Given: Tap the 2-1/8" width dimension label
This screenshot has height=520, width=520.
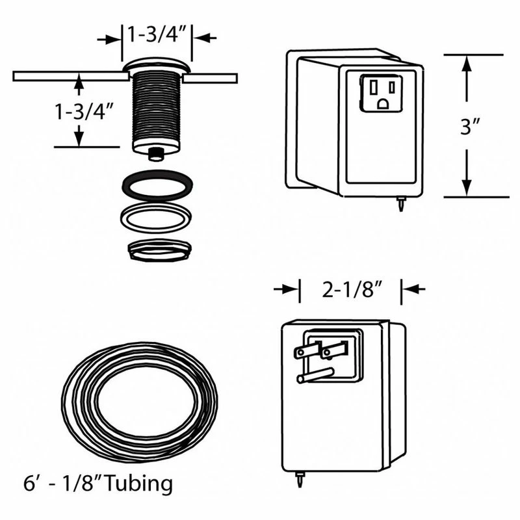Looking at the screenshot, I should click(351, 290).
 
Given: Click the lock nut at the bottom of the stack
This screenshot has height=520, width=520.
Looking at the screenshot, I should click(157, 250).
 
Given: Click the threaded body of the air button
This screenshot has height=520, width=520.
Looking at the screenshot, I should click(157, 107).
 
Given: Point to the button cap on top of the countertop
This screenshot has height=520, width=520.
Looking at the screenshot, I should click(157, 66).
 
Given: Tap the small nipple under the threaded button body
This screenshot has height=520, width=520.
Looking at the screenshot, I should click(157, 154).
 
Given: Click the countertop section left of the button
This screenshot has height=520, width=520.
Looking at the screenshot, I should click(68, 76).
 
